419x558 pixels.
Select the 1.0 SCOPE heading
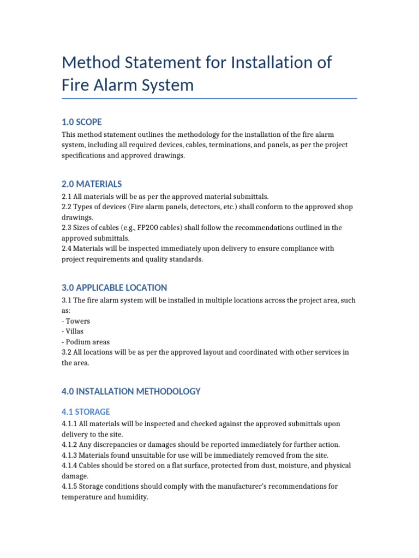tap(82, 122)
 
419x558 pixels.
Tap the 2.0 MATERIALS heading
tap(92, 184)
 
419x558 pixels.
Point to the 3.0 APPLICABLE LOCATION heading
tap(115, 288)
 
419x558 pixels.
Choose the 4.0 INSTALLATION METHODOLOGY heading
tap(131, 391)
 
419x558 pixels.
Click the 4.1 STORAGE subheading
tap(86, 412)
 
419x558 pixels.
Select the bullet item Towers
tap(78, 322)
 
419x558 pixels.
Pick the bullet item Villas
tap(75, 332)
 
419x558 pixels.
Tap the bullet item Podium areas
tap(87, 342)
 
